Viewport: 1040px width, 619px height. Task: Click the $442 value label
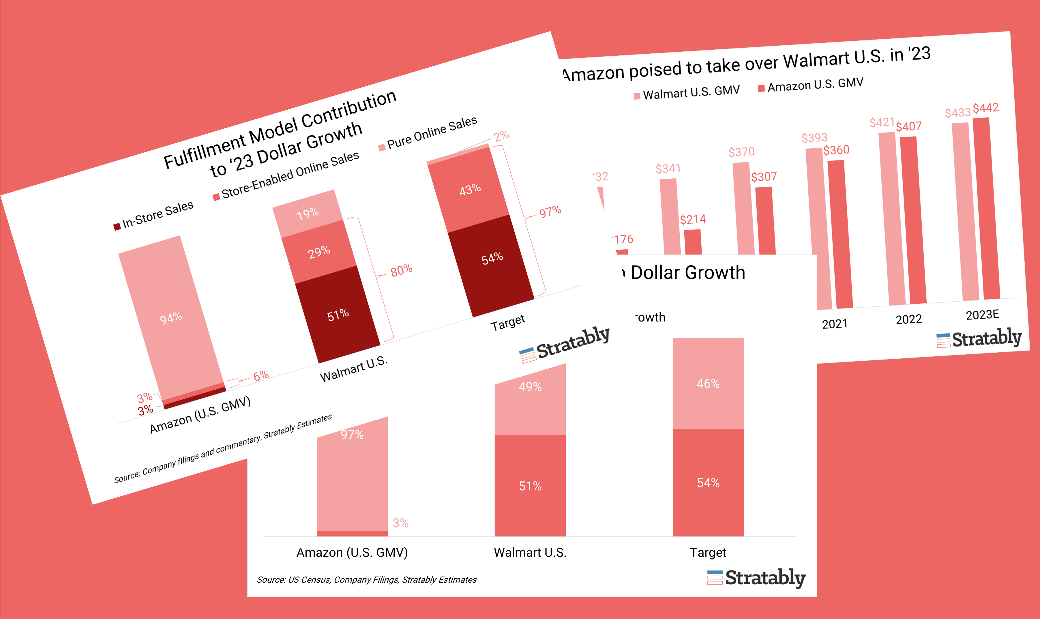click(985, 108)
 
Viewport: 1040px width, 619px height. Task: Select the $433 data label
click(957, 113)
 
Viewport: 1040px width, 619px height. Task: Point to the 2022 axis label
click(909, 319)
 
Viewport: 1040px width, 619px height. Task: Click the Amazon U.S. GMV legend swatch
click(761, 88)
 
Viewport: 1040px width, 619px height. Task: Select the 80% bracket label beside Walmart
click(401, 271)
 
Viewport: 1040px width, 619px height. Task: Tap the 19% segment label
click(308, 214)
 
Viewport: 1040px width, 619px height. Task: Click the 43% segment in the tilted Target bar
click(470, 190)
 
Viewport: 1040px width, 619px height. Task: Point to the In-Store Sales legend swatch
click(117, 227)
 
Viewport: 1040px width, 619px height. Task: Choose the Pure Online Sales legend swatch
click(381, 148)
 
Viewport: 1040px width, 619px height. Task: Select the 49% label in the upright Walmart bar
click(530, 387)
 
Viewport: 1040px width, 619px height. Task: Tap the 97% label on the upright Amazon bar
click(352, 435)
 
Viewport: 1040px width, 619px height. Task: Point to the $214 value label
click(693, 219)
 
